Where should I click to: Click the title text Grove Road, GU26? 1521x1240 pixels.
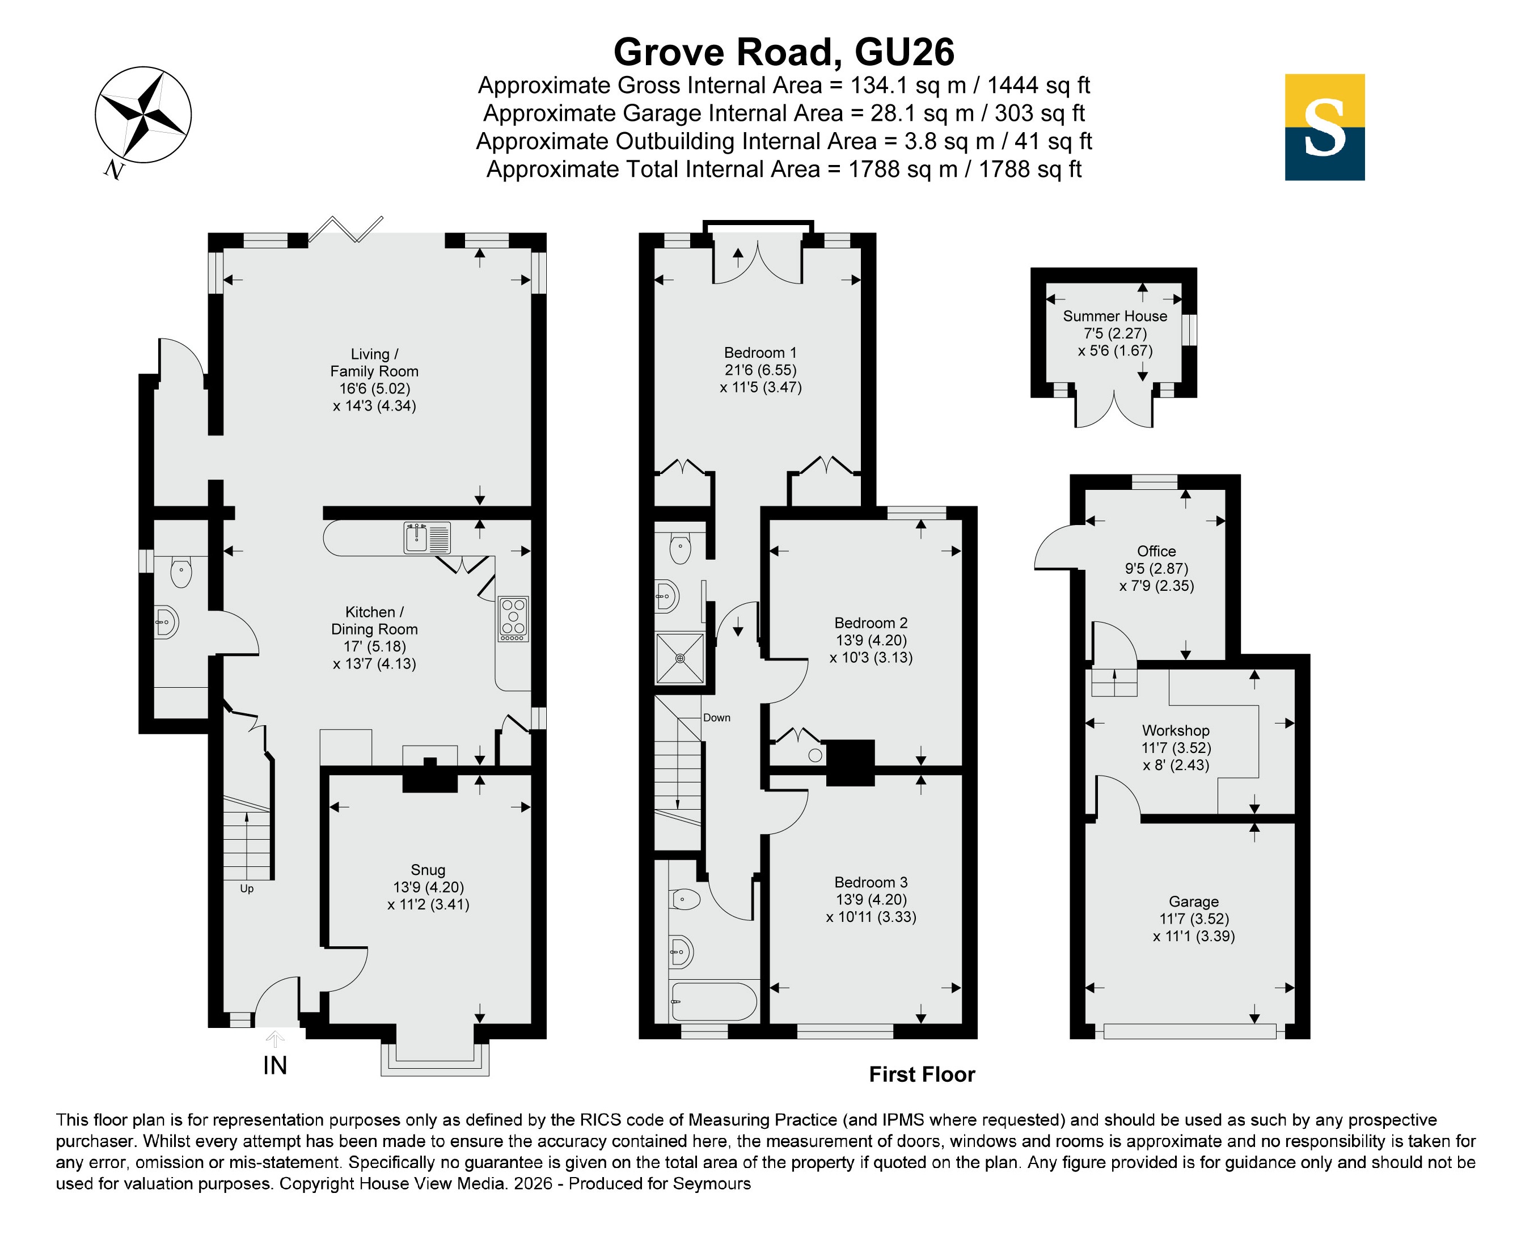784,52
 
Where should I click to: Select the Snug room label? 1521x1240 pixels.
428,869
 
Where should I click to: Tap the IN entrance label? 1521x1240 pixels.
275,1065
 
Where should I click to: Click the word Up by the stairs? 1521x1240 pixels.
247,888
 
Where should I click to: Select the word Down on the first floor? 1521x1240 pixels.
717,718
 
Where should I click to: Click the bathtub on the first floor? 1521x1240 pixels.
713,1002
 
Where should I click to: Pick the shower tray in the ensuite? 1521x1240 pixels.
680,658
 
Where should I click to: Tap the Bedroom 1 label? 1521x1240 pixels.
760,353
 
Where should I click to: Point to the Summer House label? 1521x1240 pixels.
1114,316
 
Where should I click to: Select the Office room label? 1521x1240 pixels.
1156,551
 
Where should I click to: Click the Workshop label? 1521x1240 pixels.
1175,730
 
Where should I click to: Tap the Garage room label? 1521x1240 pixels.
1194,902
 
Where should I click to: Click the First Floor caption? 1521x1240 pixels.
922,1074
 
